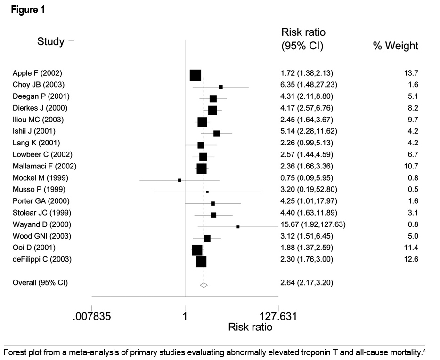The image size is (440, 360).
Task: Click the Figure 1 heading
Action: pyautogui.click(x=28, y=10)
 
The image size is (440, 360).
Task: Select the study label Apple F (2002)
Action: pyautogui.click(x=37, y=73)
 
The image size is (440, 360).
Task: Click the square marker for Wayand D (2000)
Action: pyautogui.click(x=238, y=227)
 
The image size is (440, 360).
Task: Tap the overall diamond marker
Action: pyautogui.click(x=204, y=285)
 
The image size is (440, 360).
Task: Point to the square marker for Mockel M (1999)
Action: pyautogui.click(x=179, y=180)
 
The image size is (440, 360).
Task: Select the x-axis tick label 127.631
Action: pyautogui.click(x=277, y=316)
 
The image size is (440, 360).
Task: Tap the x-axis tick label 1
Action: pyautogui.click(x=185, y=316)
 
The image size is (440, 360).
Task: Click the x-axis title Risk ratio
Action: pyautogui.click(x=250, y=327)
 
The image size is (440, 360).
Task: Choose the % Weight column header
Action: pyautogui.click(x=395, y=46)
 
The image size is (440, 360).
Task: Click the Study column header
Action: pyautogui.click(x=50, y=41)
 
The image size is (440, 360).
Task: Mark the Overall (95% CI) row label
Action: pyautogui.click(x=40, y=283)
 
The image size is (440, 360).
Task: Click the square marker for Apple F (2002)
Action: pyautogui.click(x=195, y=75)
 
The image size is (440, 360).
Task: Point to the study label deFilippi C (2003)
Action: pyautogui.click(x=42, y=259)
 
